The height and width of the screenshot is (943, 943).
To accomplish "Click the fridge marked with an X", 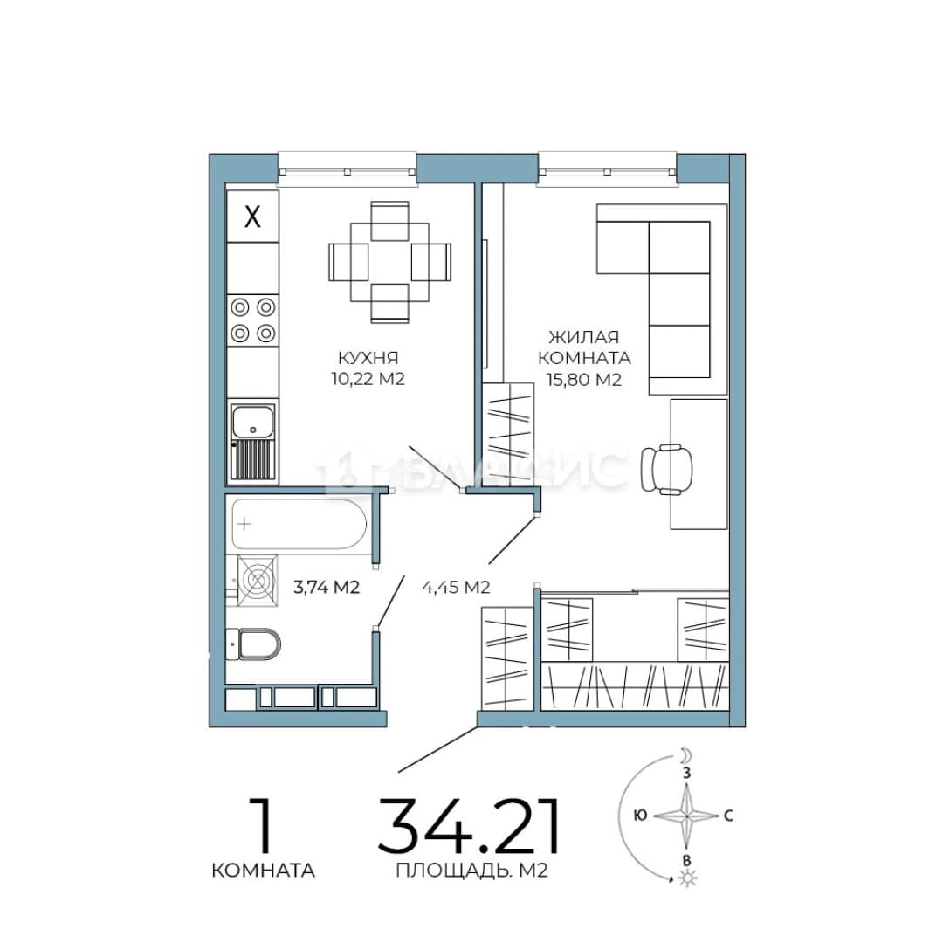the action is click(x=252, y=217).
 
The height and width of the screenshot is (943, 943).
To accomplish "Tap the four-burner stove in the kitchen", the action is click(x=252, y=320).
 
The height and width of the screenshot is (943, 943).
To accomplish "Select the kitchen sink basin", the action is click(x=252, y=420).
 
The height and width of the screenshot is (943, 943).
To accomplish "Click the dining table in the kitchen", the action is click(x=389, y=262).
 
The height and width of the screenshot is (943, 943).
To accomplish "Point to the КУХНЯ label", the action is click(x=368, y=359).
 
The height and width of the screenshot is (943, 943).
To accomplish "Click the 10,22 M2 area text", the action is click(x=368, y=379).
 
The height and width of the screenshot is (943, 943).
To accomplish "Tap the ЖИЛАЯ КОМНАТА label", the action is click(x=584, y=348).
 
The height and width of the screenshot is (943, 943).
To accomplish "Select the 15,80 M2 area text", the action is click(x=584, y=380).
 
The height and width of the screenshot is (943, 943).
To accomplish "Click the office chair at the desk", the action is click(x=666, y=469).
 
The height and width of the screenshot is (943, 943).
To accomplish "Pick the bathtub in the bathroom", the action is click(x=299, y=524).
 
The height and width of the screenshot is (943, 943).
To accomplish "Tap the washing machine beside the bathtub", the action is click(x=258, y=581).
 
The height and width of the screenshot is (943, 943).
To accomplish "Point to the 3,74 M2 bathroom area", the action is click(x=327, y=587).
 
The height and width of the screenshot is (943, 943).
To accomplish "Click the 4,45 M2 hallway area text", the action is click(x=456, y=588).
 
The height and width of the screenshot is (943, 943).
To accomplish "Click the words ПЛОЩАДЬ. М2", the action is click(x=472, y=871).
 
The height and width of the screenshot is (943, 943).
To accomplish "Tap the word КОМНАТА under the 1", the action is click(x=264, y=871).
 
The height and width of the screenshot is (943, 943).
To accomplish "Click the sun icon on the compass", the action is click(x=687, y=879).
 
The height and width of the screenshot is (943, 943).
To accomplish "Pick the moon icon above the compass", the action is click(x=686, y=755).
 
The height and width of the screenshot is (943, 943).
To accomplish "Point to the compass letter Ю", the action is click(x=641, y=816).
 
